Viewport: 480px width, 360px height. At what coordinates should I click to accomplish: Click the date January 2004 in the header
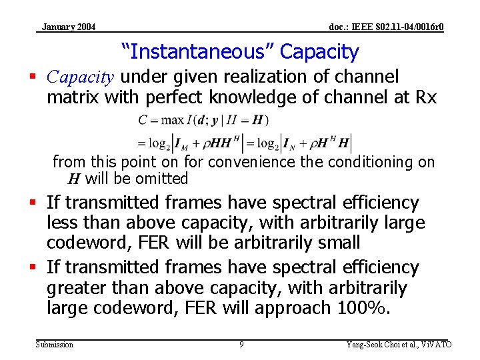pos(68,27)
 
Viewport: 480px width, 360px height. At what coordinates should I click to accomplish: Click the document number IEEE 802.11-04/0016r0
pos(387,27)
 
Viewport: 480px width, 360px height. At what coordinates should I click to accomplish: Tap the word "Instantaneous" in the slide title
pos(198,51)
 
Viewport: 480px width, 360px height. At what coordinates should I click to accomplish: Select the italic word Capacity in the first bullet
pos(81,77)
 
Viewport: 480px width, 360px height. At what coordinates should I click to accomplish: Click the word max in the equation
pos(173,121)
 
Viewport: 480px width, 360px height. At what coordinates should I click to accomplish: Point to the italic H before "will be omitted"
pos(74,179)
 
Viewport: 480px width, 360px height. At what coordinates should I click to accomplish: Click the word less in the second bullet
pos(63,222)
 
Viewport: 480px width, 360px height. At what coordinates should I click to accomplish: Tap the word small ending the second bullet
pos(337,242)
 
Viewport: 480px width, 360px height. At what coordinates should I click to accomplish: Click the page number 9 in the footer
pos(241,345)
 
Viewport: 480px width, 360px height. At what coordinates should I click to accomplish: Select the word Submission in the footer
pos(55,345)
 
